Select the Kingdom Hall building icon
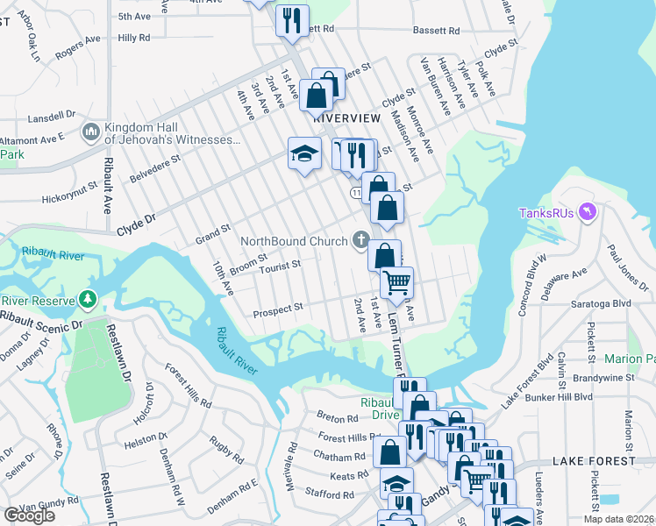[x=90, y=132]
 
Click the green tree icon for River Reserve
[x=87, y=300]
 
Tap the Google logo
[x=28, y=515]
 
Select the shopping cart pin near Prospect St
[x=396, y=282]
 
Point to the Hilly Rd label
[x=134, y=38]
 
